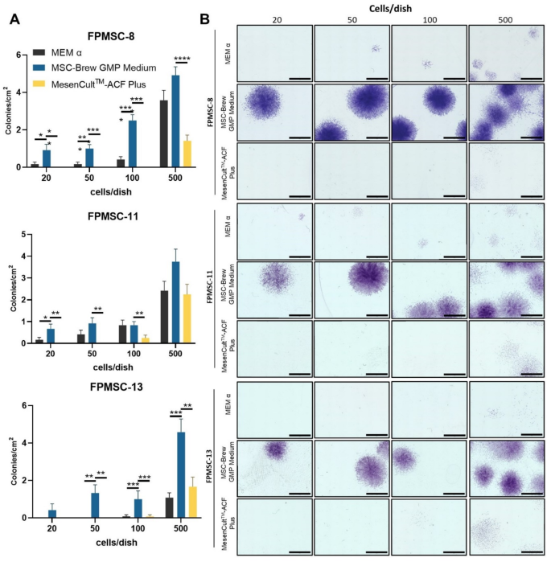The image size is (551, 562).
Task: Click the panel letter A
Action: point(14,18)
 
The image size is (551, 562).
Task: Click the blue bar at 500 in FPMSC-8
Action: point(175,121)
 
